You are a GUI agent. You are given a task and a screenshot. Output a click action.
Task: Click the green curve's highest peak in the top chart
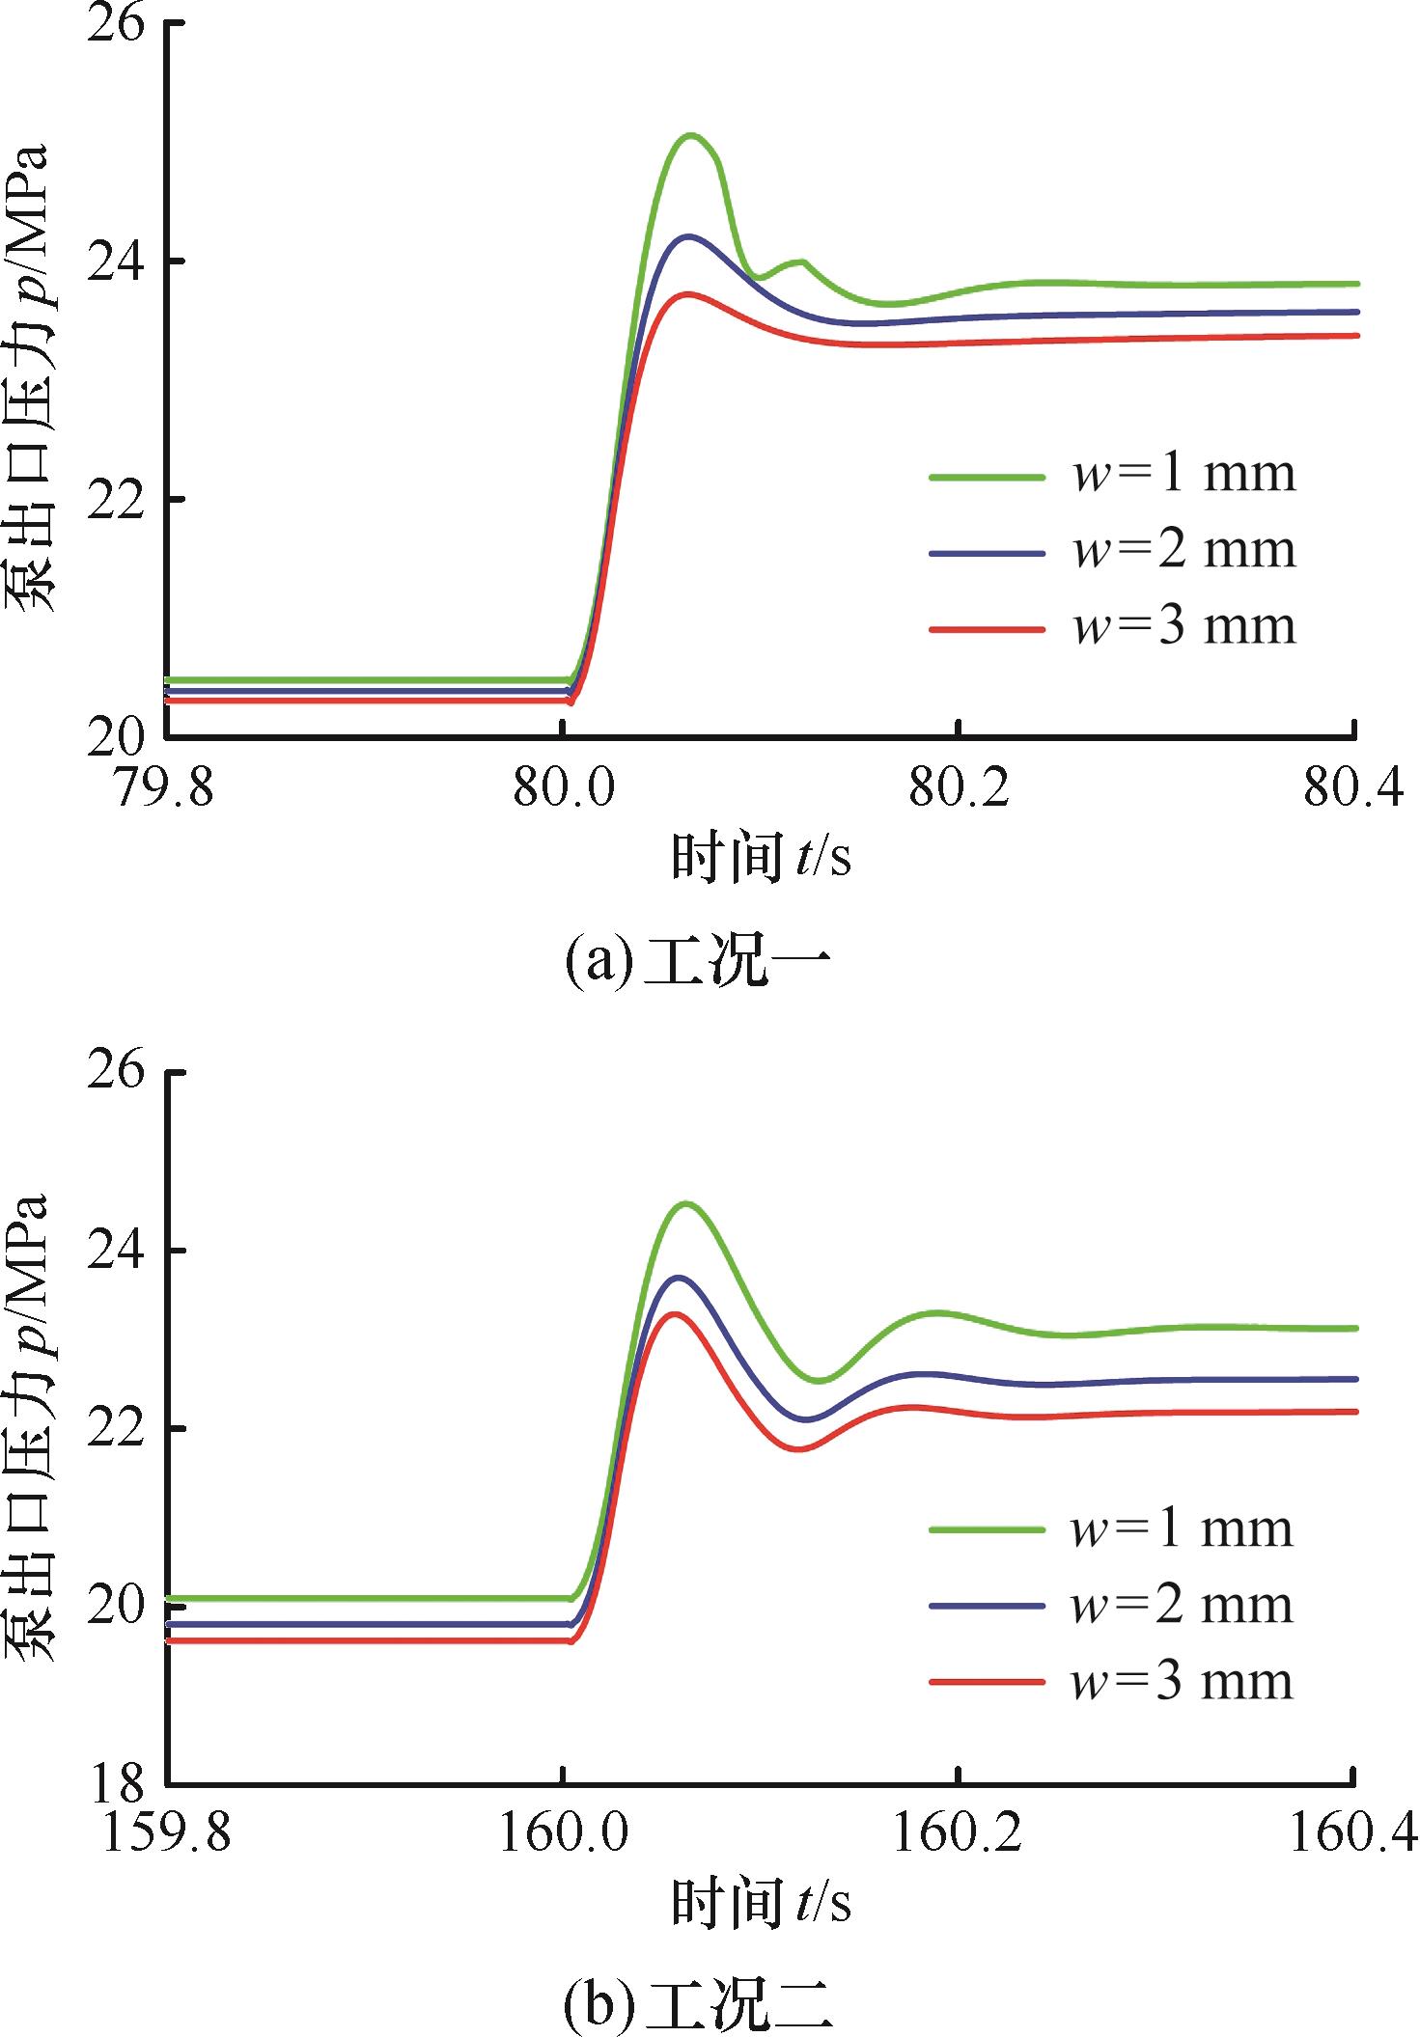pyautogui.click(x=690, y=135)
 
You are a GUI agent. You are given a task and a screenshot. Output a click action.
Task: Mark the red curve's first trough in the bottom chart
pyautogui.click(x=799, y=1448)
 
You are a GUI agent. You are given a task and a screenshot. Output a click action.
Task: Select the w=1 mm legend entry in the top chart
pyautogui.click(x=1112, y=474)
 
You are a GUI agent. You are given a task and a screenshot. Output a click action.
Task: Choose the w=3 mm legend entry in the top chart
pyautogui.click(x=1112, y=627)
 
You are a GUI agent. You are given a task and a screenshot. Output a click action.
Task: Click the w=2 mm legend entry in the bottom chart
pyautogui.click(x=1111, y=1606)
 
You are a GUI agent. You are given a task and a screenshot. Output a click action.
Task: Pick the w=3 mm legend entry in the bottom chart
pyautogui.click(x=1111, y=1682)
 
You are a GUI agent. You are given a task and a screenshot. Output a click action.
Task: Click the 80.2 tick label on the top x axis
pyautogui.click(x=959, y=786)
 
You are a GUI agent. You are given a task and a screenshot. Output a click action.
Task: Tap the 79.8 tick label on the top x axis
pyautogui.click(x=163, y=786)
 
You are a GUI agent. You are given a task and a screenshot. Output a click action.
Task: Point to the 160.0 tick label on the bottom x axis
pyautogui.click(x=563, y=1831)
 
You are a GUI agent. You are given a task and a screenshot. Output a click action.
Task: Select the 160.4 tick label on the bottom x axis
pyautogui.click(x=1353, y=1831)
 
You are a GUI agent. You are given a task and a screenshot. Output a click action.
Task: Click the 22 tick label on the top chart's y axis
pyautogui.click(x=115, y=500)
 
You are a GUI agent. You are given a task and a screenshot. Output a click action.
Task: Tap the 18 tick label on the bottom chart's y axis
pyautogui.click(x=115, y=1784)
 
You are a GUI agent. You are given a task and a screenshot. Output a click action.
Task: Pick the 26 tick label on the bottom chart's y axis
pyautogui.click(x=115, y=1070)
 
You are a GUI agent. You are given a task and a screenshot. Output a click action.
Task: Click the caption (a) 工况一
pyautogui.click(x=697, y=960)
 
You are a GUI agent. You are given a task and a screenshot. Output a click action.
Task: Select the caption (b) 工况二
pyautogui.click(x=697, y=2004)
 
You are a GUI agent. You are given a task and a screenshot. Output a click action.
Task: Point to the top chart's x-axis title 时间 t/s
pyautogui.click(x=761, y=857)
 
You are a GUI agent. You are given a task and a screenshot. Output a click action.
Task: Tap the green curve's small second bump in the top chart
pyautogui.click(x=799, y=262)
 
